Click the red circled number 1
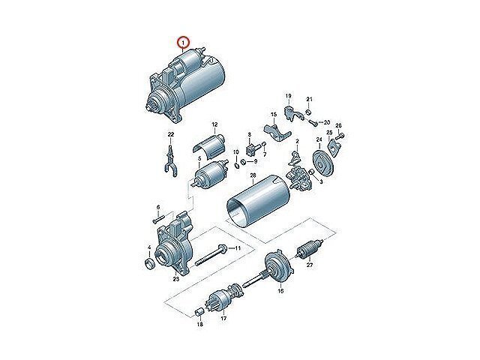[184, 42]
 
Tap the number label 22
[171, 134]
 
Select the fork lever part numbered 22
[169, 161]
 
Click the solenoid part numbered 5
[211, 175]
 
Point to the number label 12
[214, 124]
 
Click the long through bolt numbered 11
[210, 255]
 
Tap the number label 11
[238, 248]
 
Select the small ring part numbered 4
[150, 264]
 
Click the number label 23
[175, 279]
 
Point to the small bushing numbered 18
[199, 312]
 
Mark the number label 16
[280, 291]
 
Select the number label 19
[288, 96]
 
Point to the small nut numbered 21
[309, 112]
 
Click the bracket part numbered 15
[277, 131]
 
